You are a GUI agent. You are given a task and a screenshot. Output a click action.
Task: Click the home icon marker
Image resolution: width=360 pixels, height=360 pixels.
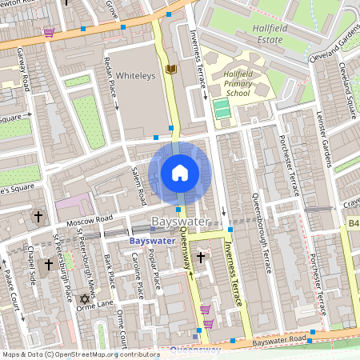click(x=180, y=172)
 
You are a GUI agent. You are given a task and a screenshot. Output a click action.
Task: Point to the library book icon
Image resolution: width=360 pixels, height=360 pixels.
click(x=170, y=70)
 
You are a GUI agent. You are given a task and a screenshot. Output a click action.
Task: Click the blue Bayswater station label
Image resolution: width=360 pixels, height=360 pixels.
click(x=151, y=239)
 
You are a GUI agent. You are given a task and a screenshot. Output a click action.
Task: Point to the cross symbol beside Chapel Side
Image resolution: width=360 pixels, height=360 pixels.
click(x=48, y=264)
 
